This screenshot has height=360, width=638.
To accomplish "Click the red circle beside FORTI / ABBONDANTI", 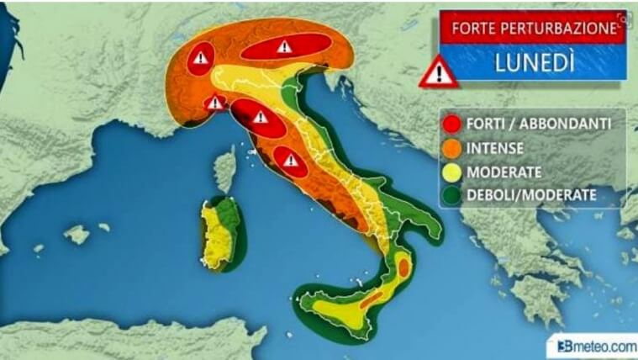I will (453, 124).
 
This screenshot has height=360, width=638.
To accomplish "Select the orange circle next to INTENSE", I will (453, 148).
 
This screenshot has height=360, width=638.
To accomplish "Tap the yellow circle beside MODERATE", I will (453, 172).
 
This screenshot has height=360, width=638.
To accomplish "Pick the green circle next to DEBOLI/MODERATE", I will (453, 195).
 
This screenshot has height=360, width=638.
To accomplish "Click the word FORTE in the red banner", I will (473, 28).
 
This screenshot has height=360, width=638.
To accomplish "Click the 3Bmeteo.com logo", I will (592, 345).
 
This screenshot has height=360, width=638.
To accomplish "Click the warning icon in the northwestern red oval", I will (200, 59).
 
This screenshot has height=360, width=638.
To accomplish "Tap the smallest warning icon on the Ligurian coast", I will (215, 103).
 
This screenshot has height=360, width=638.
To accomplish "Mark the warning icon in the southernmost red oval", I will (291, 160).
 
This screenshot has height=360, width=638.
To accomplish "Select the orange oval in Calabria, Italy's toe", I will (403, 267).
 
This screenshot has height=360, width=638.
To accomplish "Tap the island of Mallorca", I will (76, 234).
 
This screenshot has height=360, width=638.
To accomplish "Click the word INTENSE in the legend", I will (498, 148).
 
